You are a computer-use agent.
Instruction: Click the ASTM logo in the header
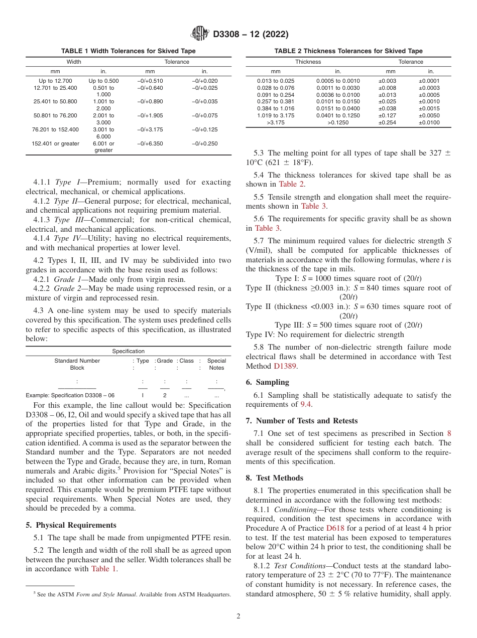point(200,34)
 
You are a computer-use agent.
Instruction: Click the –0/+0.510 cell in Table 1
point(150,81)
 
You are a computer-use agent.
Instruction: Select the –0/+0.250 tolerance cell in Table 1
point(204,144)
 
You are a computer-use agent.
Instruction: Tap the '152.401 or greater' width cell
point(55,144)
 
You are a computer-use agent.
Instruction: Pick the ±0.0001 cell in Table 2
point(429,81)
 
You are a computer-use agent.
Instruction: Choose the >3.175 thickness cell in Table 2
point(276,123)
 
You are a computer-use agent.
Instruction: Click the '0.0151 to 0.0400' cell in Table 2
point(337,109)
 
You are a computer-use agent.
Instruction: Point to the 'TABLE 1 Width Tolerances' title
point(128,51)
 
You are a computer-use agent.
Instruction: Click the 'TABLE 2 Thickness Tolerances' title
point(348,51)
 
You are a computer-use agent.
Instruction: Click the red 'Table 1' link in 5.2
point(103,569)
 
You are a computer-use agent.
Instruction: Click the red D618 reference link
point(335,528)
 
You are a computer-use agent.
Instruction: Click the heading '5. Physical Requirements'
point(71,525)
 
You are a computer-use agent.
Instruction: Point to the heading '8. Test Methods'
point(274,478)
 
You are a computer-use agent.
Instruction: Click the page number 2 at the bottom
point(238,616)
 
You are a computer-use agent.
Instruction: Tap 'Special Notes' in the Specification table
point(216,364)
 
